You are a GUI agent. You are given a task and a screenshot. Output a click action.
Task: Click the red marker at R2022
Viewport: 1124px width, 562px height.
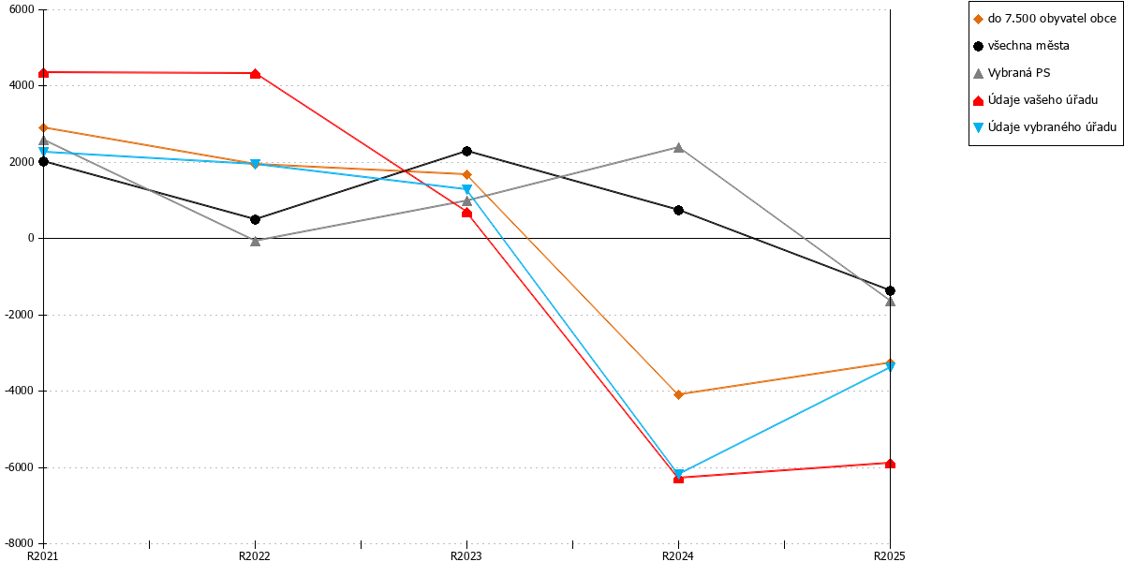click(x=255, y=74)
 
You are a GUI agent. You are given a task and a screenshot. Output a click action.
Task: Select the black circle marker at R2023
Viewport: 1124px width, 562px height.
click(x=466, y=151)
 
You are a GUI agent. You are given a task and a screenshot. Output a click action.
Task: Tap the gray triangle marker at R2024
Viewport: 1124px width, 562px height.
click(x=678, y=148)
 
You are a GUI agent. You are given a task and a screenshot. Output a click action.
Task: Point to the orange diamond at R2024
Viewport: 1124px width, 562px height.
click(x=678, y=395)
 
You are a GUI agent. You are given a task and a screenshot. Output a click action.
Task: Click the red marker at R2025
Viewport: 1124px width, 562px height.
click(x=890, y=463)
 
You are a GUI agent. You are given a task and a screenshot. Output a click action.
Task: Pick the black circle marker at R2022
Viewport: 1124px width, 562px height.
click(x=255, y=219)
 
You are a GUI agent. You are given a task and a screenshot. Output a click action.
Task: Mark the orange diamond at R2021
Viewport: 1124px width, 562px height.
click(x=44, y=128)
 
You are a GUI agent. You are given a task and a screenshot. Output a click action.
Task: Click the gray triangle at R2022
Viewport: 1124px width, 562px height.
click(x=255, y=241)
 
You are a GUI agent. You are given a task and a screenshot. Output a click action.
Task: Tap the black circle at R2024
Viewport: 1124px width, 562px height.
click(x=678, y=210)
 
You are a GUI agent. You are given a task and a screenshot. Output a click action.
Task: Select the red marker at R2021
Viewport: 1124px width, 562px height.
click(x=44, y=73)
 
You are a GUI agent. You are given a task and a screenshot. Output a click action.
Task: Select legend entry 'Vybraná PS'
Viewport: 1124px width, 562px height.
click(x=1012, y=73)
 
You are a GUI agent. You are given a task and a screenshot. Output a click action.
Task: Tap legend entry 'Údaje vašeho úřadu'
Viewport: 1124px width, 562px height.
click(x=1036, y=100)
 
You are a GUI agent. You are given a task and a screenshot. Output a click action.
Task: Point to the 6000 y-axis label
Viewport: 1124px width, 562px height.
click(x=22, y=9)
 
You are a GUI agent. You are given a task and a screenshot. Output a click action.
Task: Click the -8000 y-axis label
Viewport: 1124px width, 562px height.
click(x=20, y=543)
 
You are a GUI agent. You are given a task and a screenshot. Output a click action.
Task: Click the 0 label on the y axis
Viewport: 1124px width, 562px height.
click(x=31, y=238)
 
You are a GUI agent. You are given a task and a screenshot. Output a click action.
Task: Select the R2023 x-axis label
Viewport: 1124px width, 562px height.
click(x=466, y=556)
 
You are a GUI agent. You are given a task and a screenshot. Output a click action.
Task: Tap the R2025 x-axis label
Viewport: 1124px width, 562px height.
click(x=890, y=556)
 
